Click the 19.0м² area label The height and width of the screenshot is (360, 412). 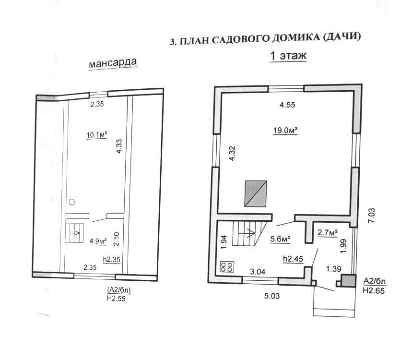[285, 130]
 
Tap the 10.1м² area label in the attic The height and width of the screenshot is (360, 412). [97, 135]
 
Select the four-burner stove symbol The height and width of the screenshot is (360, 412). [227, 267]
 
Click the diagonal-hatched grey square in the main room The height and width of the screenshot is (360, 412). [256, 193]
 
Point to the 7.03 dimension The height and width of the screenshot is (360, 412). [372, 216]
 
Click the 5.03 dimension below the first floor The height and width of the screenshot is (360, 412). [272, 296]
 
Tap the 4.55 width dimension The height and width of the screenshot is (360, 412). [287, 105]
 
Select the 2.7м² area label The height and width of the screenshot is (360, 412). [328, 232]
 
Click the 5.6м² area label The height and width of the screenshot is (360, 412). [280, 239]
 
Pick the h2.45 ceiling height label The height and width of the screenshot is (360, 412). [293, 259]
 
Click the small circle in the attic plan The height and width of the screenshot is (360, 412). [72, 202]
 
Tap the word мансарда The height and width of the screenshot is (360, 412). [113, 63]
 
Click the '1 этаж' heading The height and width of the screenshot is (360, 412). [288, 56]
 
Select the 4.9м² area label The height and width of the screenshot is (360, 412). [98, 241]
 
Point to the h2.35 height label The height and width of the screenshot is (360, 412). [112, 259]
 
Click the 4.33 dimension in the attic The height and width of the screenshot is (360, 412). [119, 146]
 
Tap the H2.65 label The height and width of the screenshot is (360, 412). [374, 290]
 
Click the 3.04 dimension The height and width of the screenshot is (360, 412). [258, 272]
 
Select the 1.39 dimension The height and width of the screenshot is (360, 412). [334, 269]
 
